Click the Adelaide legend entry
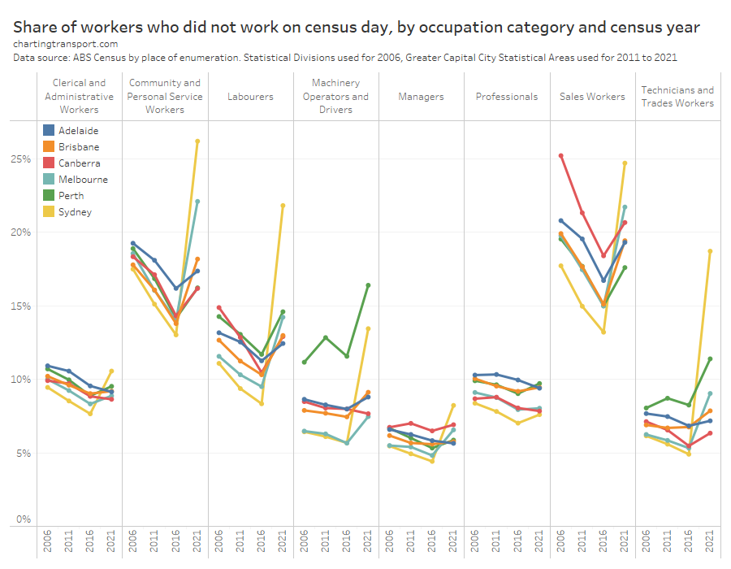80,130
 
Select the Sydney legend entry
75,212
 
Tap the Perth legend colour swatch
49,196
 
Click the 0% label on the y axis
24,519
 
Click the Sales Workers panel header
592,97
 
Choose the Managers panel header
421,97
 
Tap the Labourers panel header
250,97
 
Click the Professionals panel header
507,97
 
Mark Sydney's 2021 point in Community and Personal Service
197,141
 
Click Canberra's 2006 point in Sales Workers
561,155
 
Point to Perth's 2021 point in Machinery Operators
368,285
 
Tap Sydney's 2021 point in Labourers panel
283,206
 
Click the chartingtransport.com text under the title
65,44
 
